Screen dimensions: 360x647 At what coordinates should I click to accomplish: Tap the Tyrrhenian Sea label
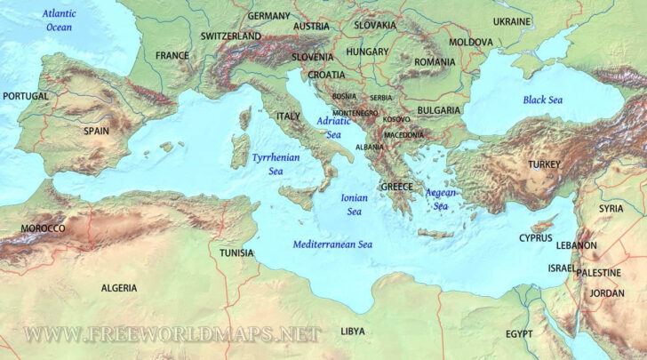coord(276,164)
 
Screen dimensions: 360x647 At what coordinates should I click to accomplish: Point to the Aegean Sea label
coord(441,199)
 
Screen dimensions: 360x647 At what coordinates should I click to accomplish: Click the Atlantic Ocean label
coord(60,20)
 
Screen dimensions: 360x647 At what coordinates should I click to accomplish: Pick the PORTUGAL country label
coord(26,95)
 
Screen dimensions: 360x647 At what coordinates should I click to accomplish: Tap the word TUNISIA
coord(236,252)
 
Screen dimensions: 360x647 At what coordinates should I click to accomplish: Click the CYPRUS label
coord(537,237)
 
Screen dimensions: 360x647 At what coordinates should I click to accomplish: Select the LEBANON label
coord(577,244)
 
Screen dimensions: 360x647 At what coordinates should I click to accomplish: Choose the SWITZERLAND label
coord(231,36)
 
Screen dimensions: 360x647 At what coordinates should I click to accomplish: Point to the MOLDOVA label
coord(470,42)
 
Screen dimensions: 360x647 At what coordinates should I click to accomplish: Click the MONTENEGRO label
coord(355,113)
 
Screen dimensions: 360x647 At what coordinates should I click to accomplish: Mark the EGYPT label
coord(519,333)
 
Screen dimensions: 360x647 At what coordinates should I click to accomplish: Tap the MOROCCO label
coord(43,228)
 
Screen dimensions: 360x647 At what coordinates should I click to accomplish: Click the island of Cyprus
coord(542,223)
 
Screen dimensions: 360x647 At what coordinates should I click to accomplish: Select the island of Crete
coord(435,234)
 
